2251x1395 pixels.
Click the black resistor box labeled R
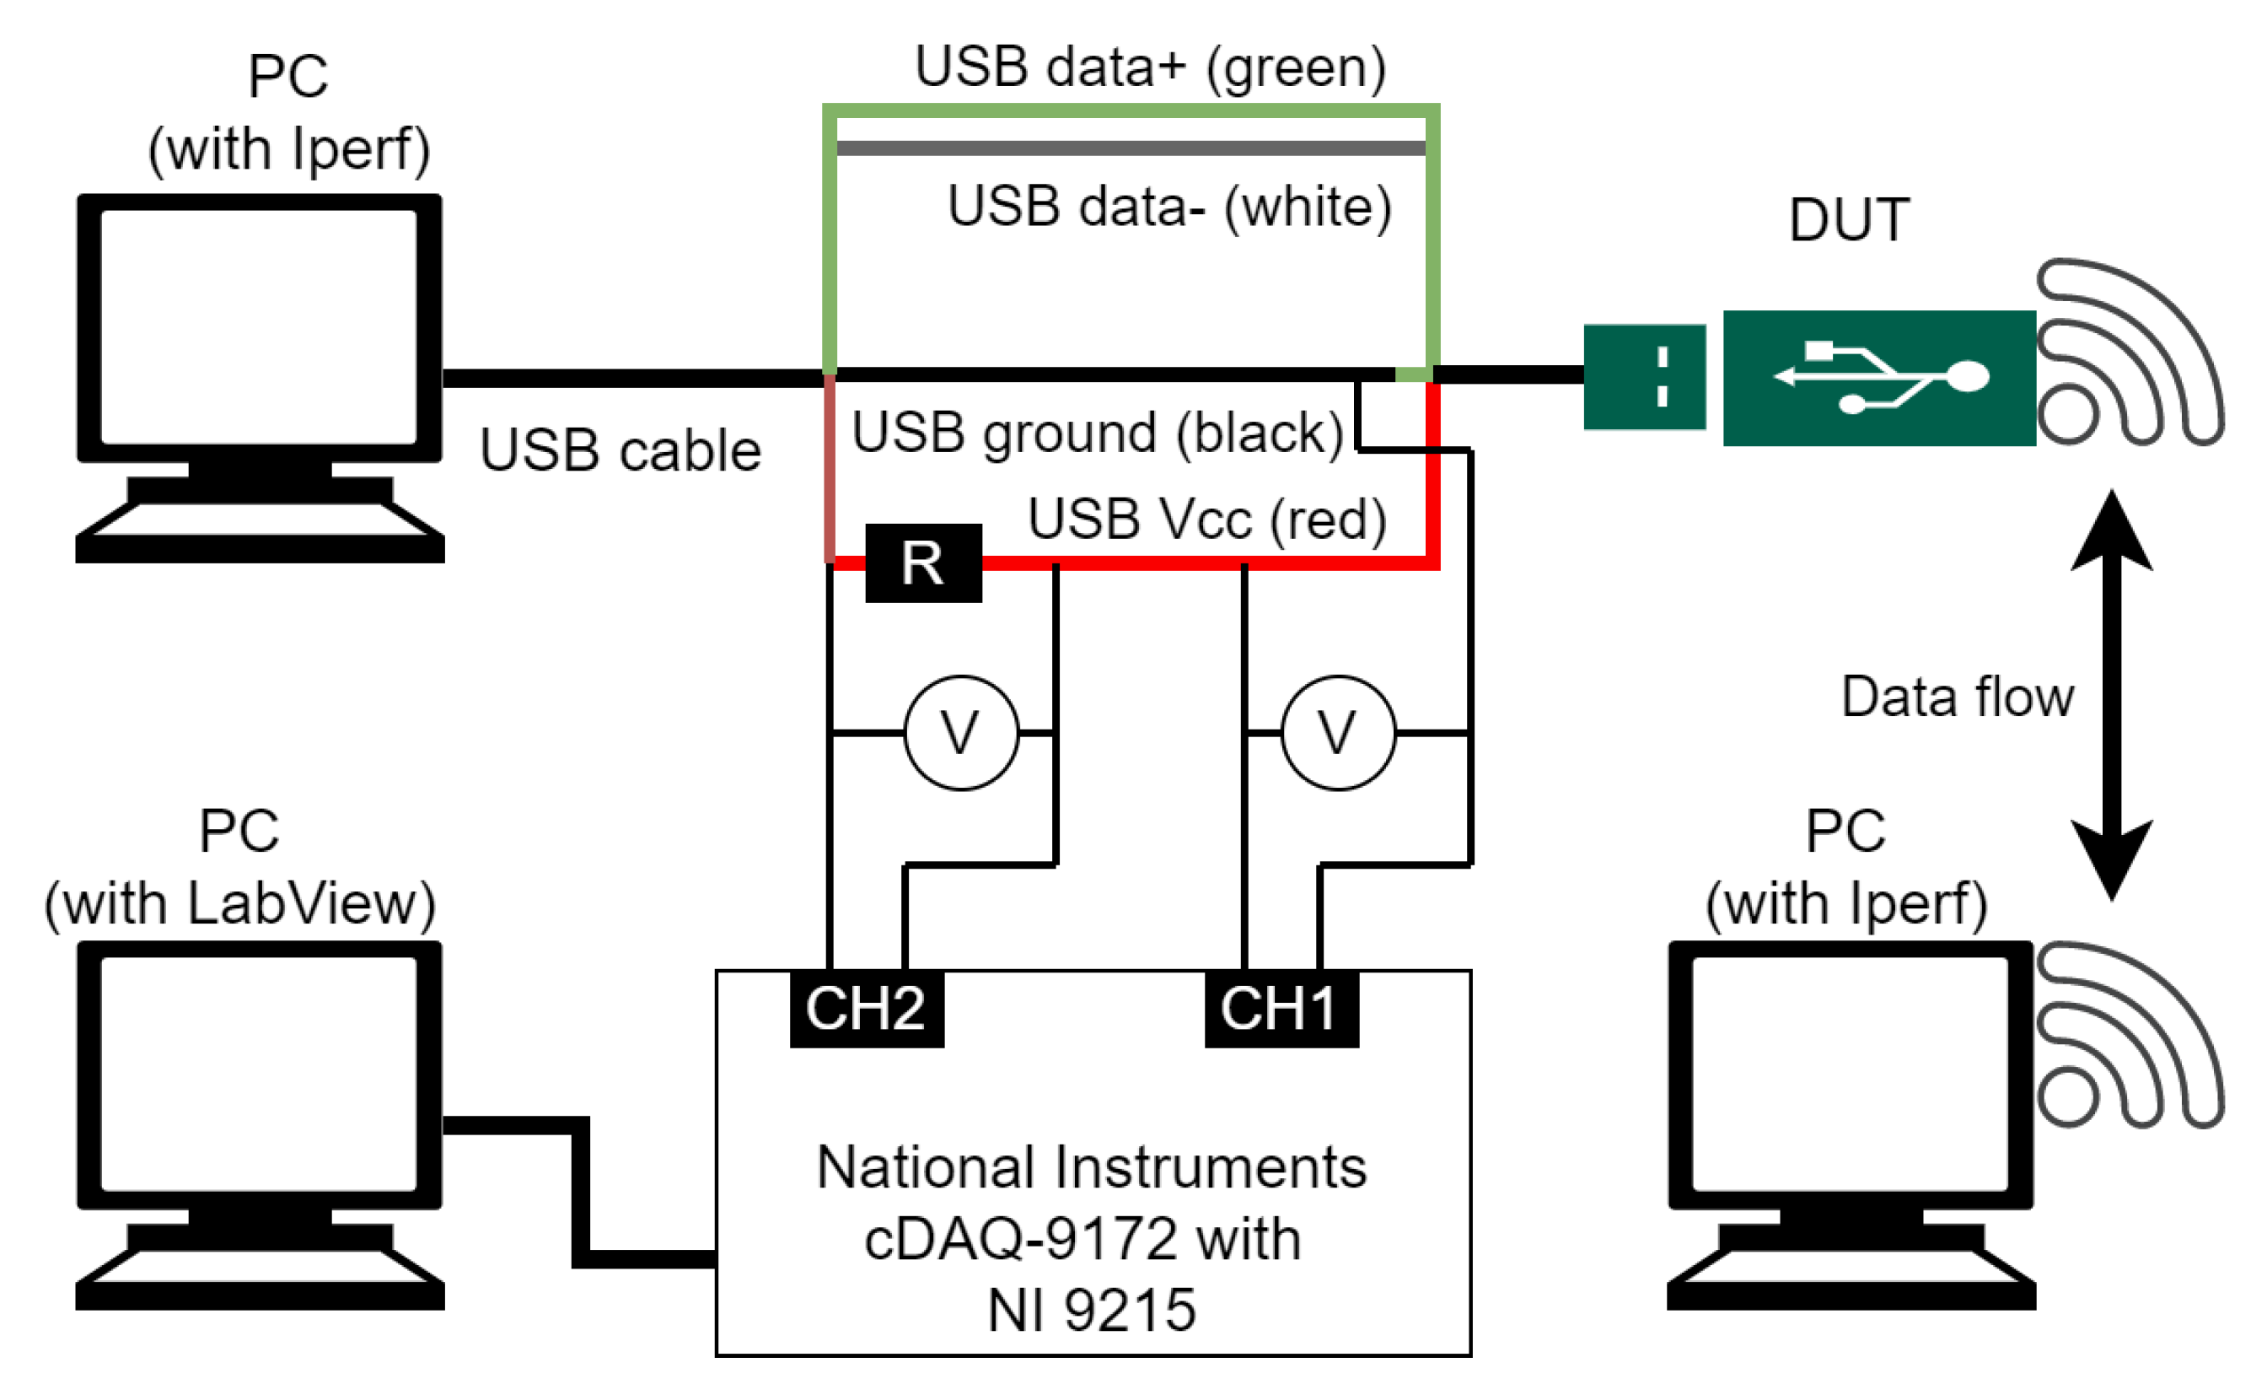click(922, 563)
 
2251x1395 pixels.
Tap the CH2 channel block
click(866, 1008)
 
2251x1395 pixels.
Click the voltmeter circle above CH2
click(960, 733)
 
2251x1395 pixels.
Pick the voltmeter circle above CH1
click(1337, 733)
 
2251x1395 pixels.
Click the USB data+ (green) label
click(1149, 67)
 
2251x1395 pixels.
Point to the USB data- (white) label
click(1168, 206)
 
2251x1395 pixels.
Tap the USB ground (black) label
click(1097, 432)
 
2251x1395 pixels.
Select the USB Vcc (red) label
click(1206, 519)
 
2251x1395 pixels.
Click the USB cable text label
click(620, 450)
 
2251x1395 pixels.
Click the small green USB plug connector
click(1643, 376)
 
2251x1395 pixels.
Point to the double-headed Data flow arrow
click(2111, 695)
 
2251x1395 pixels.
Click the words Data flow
click(1956, 696)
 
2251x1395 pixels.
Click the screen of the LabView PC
click(258, 1073)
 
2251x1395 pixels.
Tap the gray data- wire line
click(1130, 148)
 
